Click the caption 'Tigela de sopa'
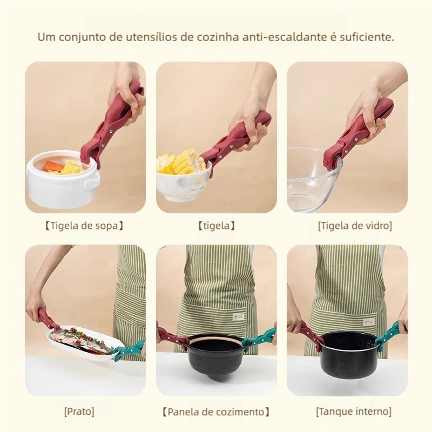pos(84,226)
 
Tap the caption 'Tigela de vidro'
pos(355,226)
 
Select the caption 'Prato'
pos(79,411)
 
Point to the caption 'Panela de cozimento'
pos(215,411)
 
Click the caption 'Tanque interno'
pos(354,411)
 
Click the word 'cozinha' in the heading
pos(218,37)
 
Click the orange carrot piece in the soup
pos(55,166)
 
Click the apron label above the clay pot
pos(238,317)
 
